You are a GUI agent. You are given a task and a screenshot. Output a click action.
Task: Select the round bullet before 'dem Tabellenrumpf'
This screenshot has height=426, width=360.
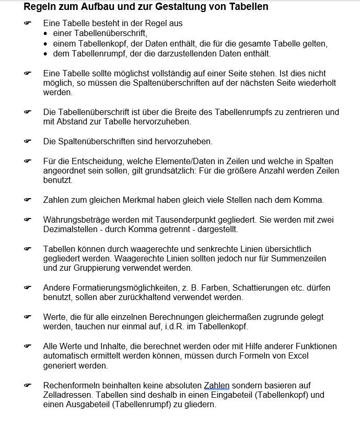[46, 54]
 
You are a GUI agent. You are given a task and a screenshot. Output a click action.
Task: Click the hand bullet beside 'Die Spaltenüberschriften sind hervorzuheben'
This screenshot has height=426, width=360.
[28, 142]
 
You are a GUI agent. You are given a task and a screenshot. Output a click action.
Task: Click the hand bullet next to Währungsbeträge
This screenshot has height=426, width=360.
[28, 220]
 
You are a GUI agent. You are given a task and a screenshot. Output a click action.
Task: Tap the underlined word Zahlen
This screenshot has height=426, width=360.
[216, 385]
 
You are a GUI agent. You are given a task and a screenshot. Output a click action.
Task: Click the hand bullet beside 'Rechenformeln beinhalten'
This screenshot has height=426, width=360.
[28, 385]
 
